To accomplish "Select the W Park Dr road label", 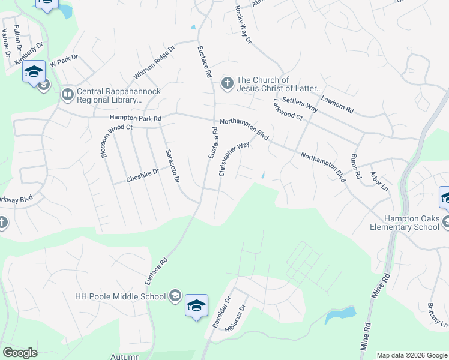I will coord(65,61).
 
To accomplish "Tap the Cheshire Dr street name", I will coord(142,172).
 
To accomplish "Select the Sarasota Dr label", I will coord(173,167).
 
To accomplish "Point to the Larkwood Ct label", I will coord(288,110).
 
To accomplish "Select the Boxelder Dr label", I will coord(219,312).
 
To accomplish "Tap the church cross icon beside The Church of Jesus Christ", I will coord(228,83).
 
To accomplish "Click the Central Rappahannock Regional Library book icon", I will coord(68,94).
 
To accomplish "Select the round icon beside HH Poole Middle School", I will coord(175,296).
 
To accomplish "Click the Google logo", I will coord(20,353).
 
